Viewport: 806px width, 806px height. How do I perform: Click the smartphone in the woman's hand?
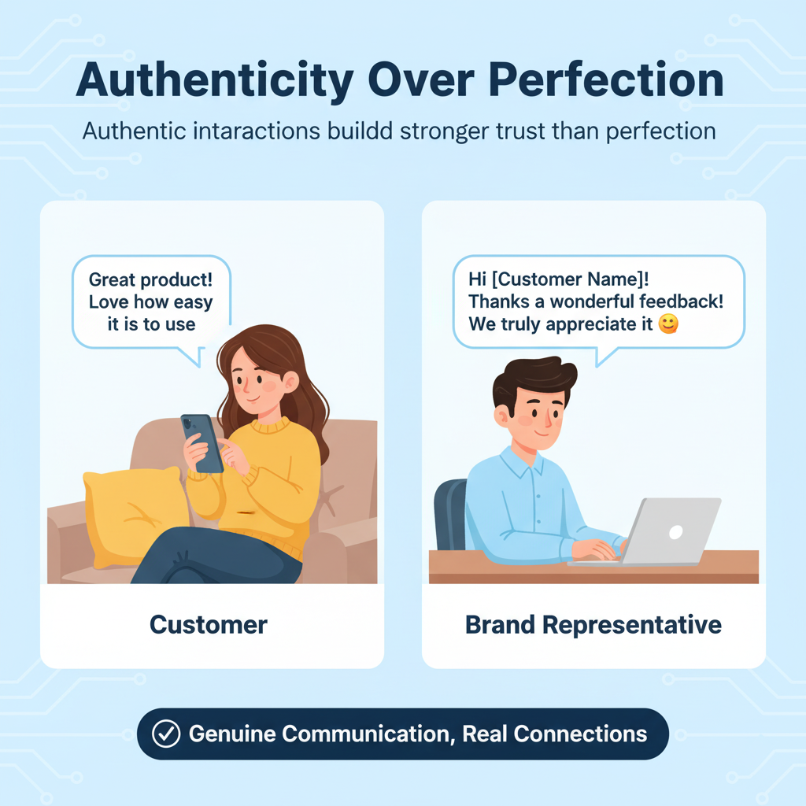click(x=203, y=442)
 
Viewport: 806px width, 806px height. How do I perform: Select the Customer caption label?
click(x=209, y=625)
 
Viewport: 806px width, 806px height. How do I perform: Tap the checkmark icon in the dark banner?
click(x=165, y=734)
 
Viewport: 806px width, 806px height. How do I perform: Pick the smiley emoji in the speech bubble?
click(x=667, y=324)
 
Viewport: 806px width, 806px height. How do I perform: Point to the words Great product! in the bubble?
click(x=150, y=279)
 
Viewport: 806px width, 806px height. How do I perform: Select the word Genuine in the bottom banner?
click(x=233, y=734)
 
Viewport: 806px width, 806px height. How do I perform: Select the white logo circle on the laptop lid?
click(x=675, y=531)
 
